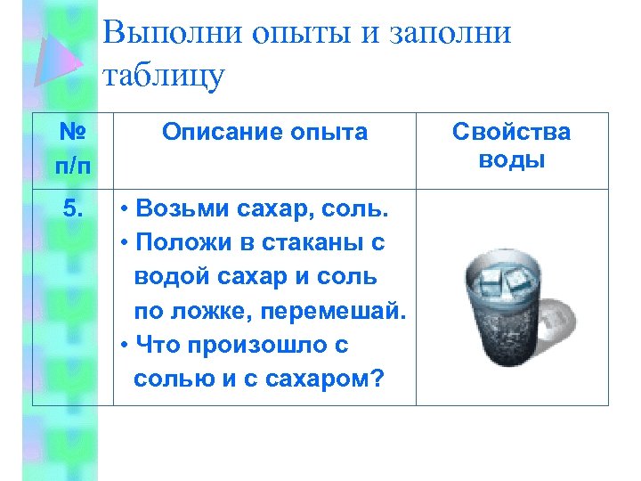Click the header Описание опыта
coord(264,133)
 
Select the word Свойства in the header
coord(511,133)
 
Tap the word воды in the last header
coord(511,160)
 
